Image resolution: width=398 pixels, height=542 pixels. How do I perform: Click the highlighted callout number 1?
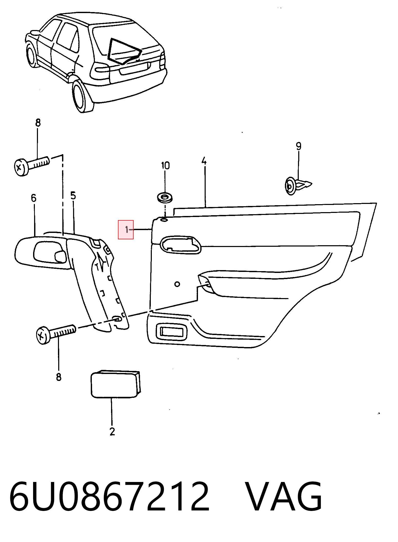click(x=126, y=230)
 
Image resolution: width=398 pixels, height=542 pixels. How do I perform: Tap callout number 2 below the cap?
click(x=112, y=431)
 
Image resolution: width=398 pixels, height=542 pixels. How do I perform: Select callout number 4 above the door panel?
click(x=204, y=161)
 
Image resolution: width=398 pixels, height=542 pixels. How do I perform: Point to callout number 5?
click(x=73, y=195)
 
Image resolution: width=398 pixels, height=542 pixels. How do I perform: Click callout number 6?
click(x=34, y=198)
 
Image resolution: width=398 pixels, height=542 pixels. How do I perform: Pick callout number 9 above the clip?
click(x=298, y=146)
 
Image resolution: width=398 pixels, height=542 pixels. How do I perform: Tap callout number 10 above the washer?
click(x=165, y=165)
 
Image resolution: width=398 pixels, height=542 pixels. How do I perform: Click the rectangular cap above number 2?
click(x=116, y=384)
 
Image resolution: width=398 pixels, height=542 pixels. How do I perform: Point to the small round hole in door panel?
click(x=177, y=284)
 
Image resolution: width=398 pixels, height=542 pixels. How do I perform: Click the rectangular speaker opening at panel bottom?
click(x=171, y=332)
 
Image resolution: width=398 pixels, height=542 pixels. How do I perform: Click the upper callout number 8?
click(x=38, y=123)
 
